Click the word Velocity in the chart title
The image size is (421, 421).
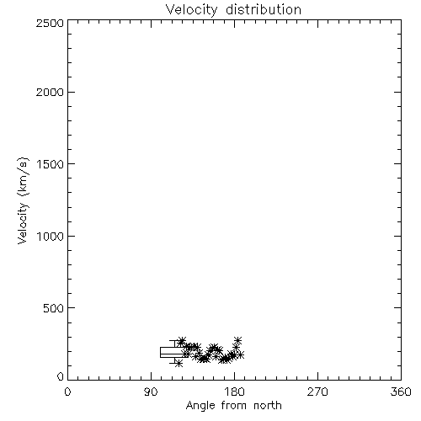(x=192, y=10)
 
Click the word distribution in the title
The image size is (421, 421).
(x=264, y=9)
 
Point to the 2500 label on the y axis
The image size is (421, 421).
(x=50, y=23)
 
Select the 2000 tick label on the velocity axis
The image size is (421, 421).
(x=50, y=92)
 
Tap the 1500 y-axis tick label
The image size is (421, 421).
(x=51, y=164)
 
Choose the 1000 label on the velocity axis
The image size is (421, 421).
(x=51, y=236)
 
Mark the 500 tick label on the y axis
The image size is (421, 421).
(x=54, y=308)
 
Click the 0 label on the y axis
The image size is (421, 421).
(x=61, y=376)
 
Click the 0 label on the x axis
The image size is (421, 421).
(x=67, y=392)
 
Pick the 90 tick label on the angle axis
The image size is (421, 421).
(x=151, y=392)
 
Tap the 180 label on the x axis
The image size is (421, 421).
(x=234, y=392)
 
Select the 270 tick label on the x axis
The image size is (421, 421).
(x=317, y=392)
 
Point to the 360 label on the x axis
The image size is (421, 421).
(x=401, y=392)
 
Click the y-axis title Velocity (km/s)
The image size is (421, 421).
(x=23, y=200)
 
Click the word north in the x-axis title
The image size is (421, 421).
(x=268, y=406)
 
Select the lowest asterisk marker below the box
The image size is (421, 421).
(x=179, y=364)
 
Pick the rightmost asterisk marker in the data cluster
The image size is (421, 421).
(x=240, y=355)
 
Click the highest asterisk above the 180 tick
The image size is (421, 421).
(x=238, y=340)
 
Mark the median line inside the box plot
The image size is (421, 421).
(x=174, y=354)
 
